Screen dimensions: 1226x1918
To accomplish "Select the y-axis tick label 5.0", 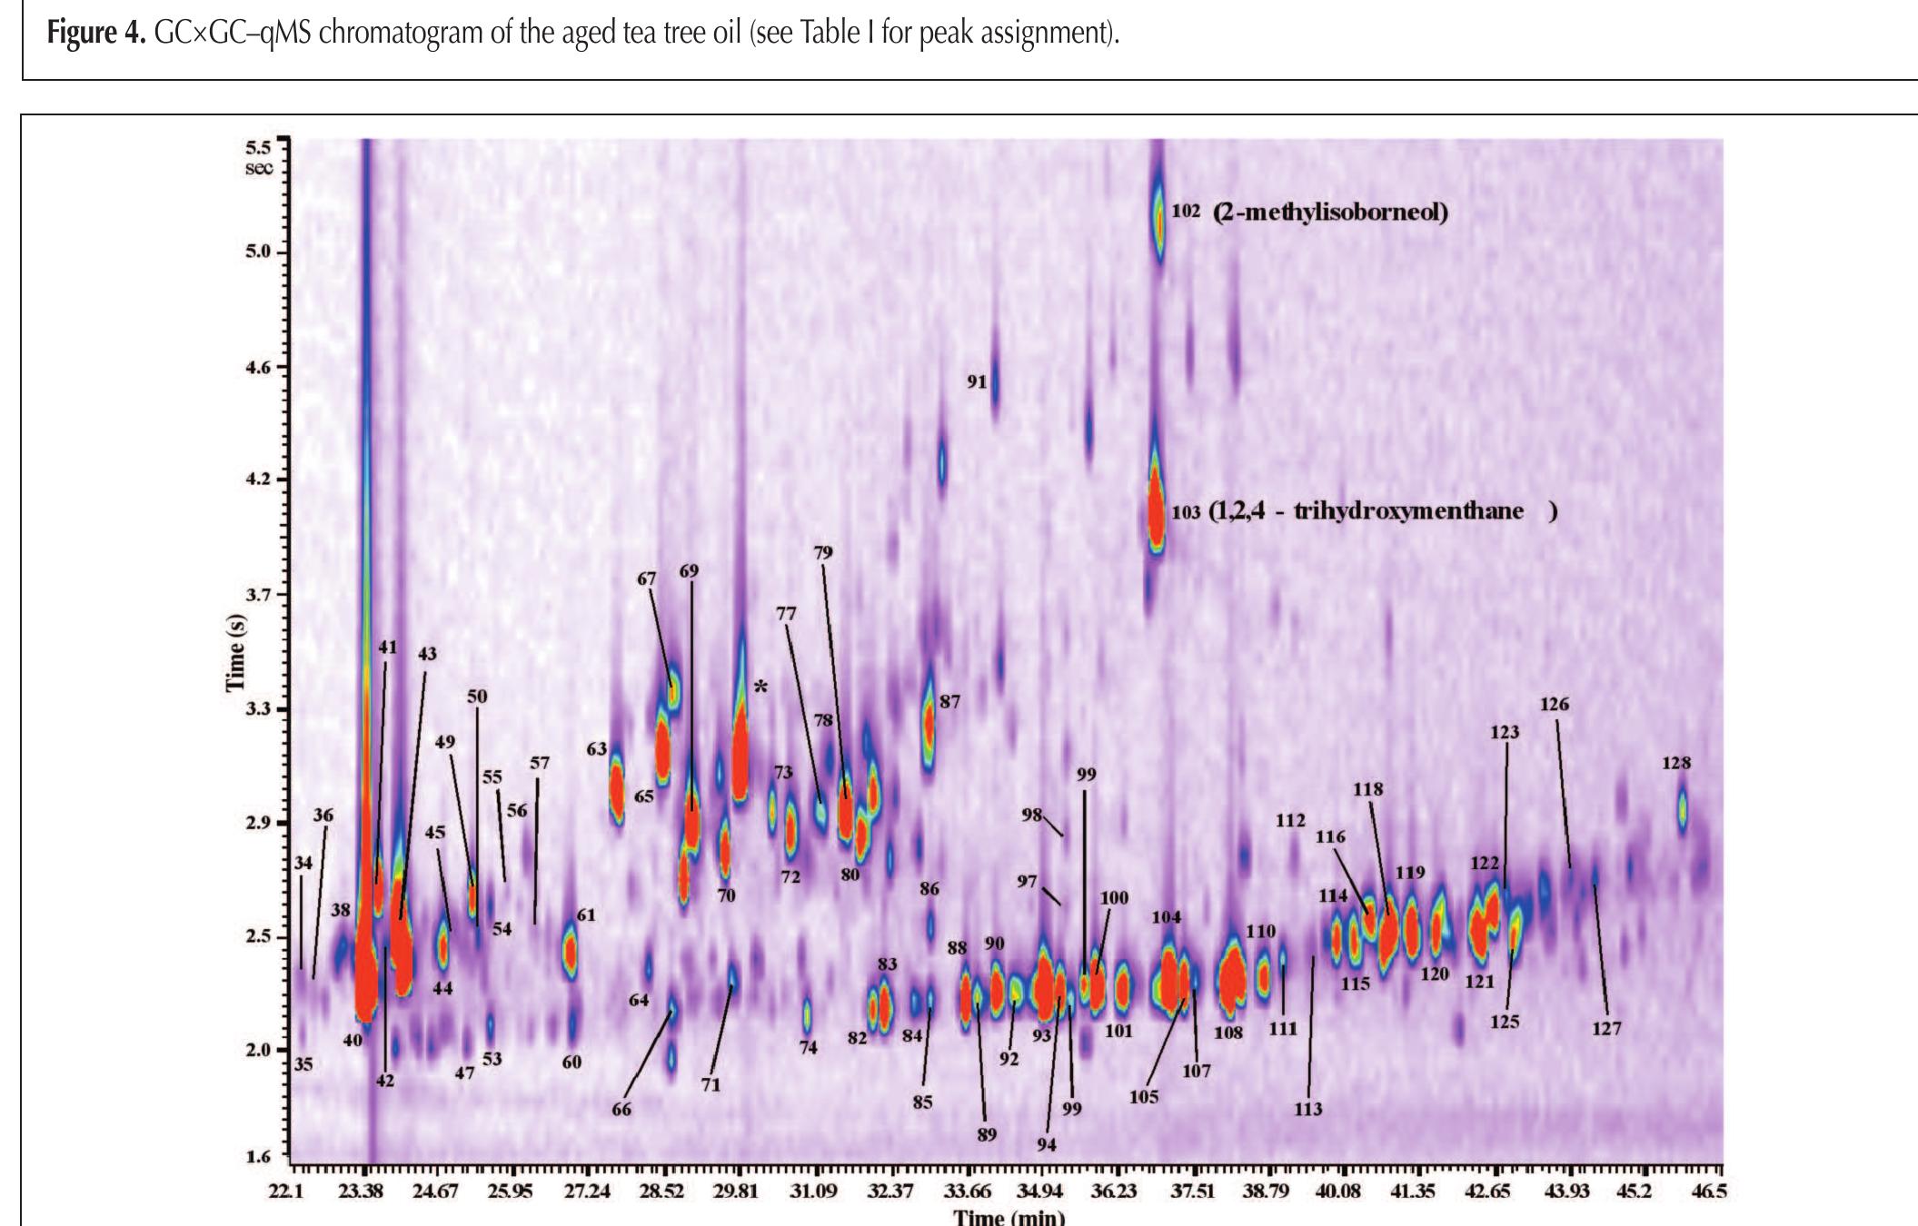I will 259,252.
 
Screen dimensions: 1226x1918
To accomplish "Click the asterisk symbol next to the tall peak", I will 760,687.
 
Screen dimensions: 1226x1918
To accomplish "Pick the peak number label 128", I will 1676,763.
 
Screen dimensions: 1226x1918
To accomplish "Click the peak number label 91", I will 977,382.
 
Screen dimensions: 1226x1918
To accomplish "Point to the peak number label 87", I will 949,702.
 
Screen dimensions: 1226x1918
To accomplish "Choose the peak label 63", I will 596,749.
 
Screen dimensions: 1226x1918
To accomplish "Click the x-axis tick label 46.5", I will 1708,1191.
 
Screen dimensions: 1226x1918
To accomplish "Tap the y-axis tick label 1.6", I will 259,1156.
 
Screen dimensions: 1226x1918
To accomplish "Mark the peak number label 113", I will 1307,1109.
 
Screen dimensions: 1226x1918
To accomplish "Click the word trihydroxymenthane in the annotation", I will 1408,510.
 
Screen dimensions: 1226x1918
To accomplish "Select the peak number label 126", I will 1554,704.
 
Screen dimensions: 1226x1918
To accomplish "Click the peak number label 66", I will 621,1109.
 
